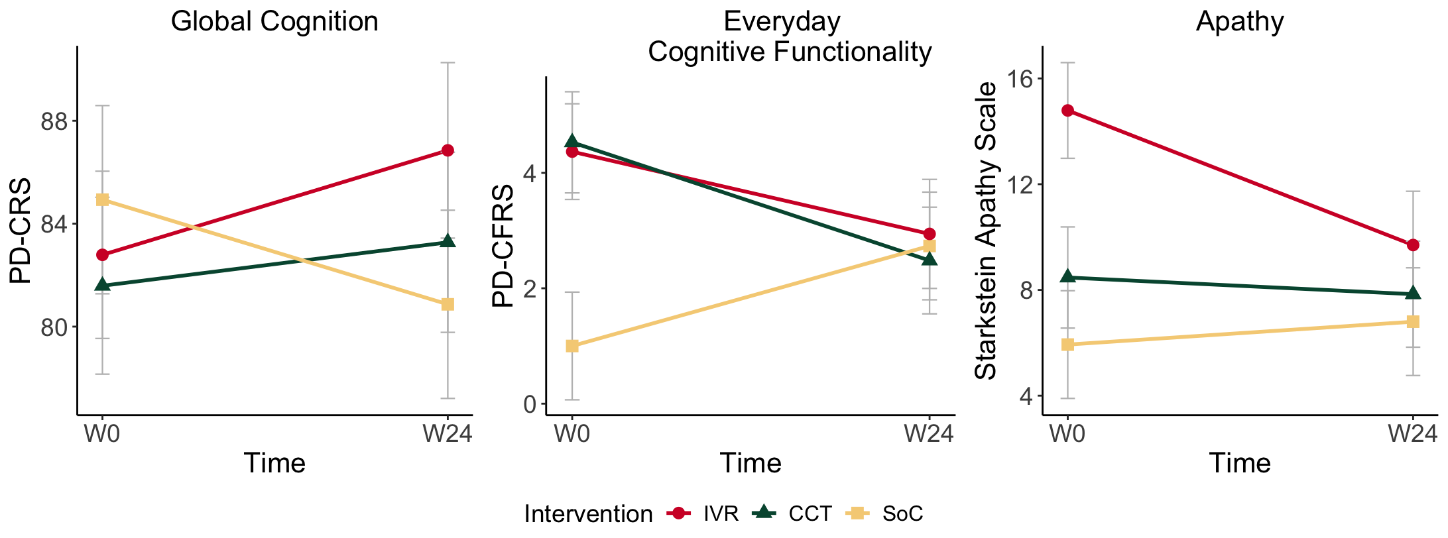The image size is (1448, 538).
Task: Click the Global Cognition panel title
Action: point(274,22)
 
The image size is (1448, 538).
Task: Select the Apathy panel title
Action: point(1240,22)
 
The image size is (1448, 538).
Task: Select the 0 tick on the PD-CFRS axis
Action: point(530,404)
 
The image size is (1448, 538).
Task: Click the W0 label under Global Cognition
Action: point(102,434)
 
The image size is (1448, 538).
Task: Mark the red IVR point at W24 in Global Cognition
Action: point(448,150)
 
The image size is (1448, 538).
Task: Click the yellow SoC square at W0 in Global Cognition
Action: point(102,199)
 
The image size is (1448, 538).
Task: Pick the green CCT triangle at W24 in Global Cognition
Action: point(448,241)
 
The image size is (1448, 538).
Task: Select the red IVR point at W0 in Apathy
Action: point(1067,111)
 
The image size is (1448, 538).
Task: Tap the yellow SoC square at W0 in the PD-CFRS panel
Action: point(572,346)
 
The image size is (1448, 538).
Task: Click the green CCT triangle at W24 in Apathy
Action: point(1413,294)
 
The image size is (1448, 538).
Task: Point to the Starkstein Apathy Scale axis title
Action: point(987,231)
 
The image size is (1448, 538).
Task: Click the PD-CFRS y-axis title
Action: point(503,246)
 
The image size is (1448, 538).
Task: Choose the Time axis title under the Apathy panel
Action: point(1240,462)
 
